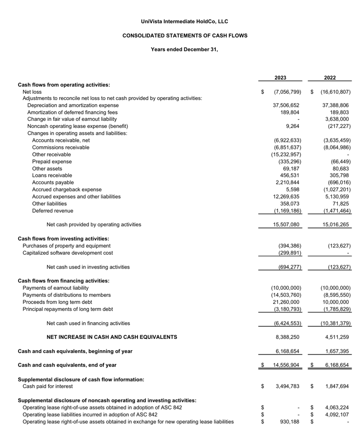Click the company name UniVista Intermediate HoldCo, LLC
pyautogui.click(x=184, y=22)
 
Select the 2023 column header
pyautogui.click(x=280, y=78)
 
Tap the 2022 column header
pyautogui.click(x=330, y=78)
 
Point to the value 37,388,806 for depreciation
pyautogui.click(x=335, y=106)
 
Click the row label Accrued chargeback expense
pyautogui.click(x=67, y=190)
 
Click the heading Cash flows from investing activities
pyautogui.click(x=63, y=239)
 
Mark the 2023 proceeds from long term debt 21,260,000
pyautogui.click(x=286, y=302)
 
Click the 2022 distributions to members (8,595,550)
pyautogui.click(x=336, y=295)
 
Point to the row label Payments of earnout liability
pyautogui.click(x=55, y=288)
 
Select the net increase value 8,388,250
pyautogui.click(x=287, y=337)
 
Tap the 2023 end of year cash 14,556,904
pyautogui.click(x=286, y=365)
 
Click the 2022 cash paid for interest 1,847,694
pyautogui.click(x=337, y=386)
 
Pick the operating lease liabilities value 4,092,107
pyautogui.click(x=337, y=415)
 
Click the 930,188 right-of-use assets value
pyautogui.click(x=290, y=422)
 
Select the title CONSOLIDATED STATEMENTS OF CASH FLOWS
pyautogui.click(x=185, y=35)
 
